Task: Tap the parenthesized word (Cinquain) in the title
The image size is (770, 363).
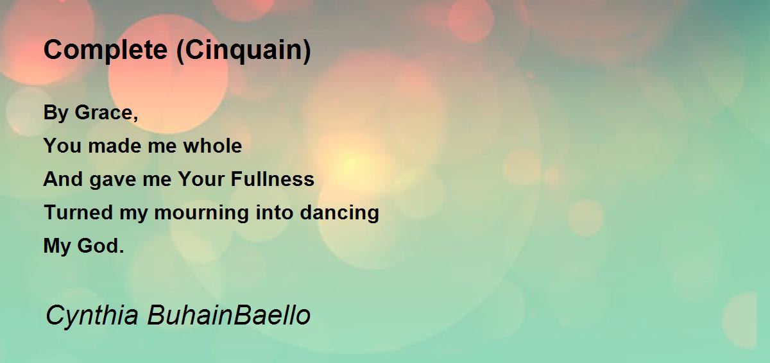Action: pos(243,51)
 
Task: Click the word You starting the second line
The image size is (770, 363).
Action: pos(62,146)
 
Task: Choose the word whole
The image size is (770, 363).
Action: pos(212,146)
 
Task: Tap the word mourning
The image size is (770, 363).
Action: pos(196,213)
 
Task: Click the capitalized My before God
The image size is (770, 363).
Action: pos(56,246)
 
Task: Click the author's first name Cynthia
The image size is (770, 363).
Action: pos(91,316)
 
